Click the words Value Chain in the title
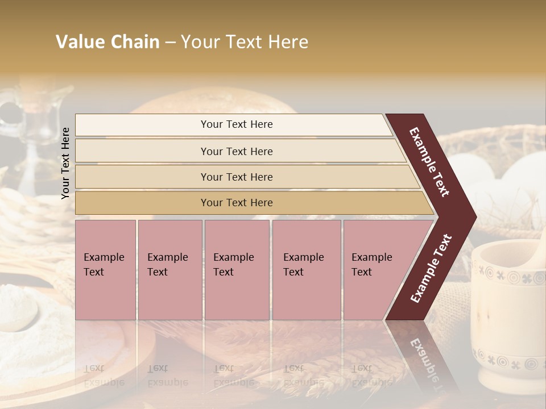[x=107, y=42]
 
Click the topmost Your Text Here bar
[x=236, y=124]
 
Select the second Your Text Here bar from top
[x=236, y=151]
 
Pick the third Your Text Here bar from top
[x=236, y=177]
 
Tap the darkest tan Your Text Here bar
[x=236, y=203]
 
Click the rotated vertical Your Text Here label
[x=65, y=163]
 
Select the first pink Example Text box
[x=105, y=269]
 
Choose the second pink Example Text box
[x=169, y=269]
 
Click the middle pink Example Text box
[x=236, y=269]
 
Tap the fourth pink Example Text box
[x=306, y=269]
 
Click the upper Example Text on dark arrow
[x=429, y=162]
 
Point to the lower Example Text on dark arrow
[x=431, y=268]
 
